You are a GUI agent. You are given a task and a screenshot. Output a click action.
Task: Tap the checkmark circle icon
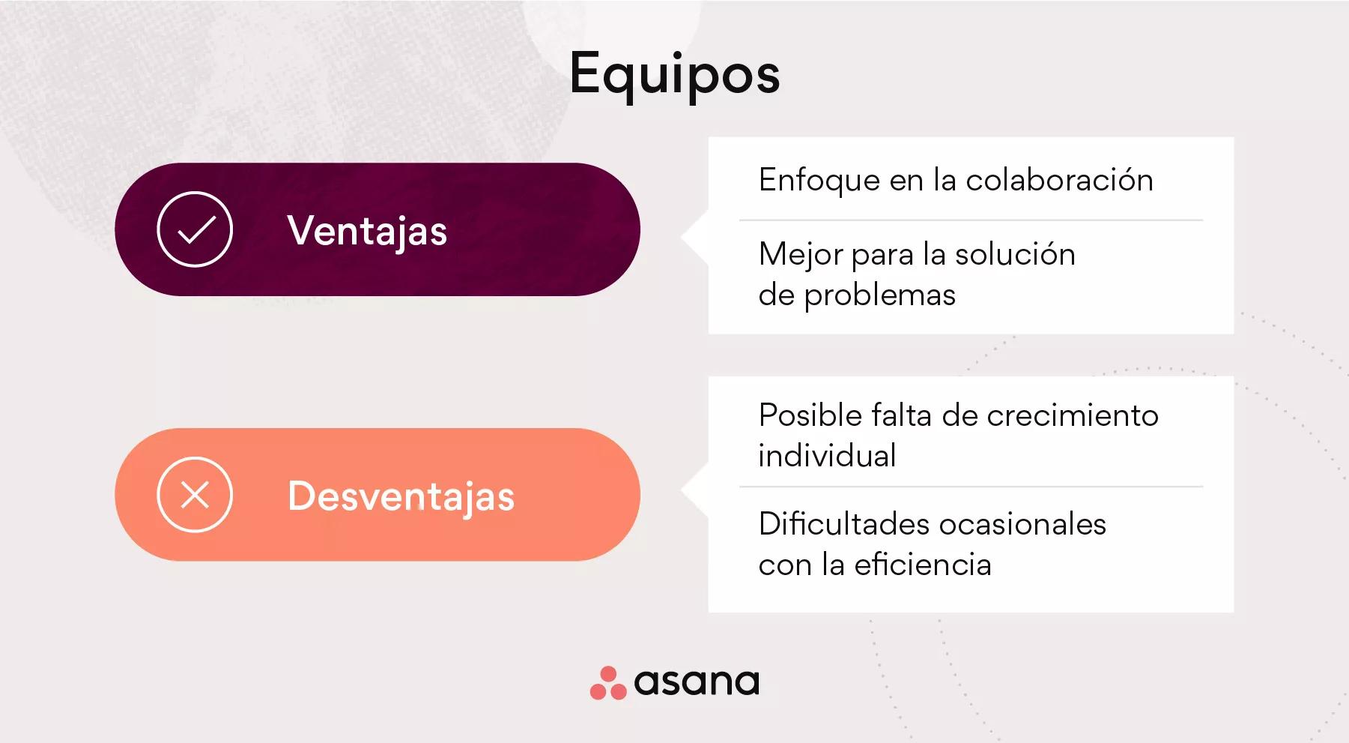195,229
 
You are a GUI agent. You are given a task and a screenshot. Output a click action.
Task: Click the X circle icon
195,495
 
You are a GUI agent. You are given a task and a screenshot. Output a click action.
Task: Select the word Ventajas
367,230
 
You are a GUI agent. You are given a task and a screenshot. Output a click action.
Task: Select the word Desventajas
401,496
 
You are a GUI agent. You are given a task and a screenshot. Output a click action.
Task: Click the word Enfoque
819,181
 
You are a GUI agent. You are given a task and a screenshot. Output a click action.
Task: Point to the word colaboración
1059,181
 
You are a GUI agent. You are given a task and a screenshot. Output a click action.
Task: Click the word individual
827,456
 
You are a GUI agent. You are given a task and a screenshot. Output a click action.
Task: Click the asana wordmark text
697,682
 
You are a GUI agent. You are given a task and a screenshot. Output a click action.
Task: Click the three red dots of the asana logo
608,683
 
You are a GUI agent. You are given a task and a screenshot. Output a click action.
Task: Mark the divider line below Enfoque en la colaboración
971,220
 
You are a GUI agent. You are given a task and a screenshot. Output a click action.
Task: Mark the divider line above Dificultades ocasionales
971,487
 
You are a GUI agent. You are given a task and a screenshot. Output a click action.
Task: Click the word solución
1015,255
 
